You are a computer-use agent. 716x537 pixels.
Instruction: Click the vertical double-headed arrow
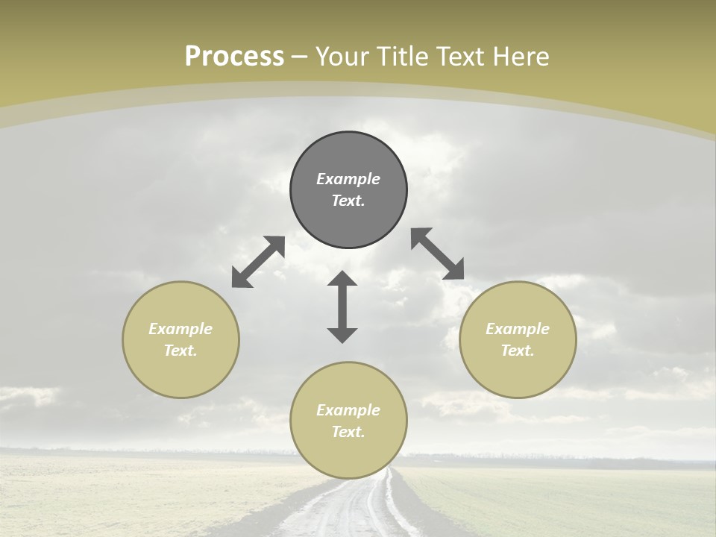click(x=342, y=307)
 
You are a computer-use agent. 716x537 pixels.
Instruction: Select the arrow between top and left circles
click(x=258, y=262)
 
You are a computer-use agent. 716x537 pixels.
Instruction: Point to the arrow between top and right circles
click(x=437, y=254)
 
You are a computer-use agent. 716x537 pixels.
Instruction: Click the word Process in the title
click(x=234, y=56)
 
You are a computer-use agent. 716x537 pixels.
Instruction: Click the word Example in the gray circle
click(x=348, y=179)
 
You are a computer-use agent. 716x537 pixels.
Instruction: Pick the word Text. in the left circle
click(x=180, y=351)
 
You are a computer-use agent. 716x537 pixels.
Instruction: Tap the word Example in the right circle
click(x=518, y=329)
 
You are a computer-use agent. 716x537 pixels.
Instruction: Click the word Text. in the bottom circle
click(x=348, y=432)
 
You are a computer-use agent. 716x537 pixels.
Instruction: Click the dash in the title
click(x=300, y=57)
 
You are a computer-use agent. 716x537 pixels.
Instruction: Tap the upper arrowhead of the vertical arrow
click(x=342, y=278)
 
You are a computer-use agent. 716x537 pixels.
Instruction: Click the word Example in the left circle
click(x=180, y=329)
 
